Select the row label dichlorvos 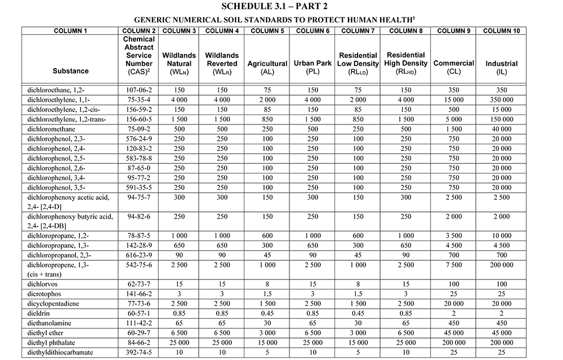[42, 284]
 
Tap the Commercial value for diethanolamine [453, 323]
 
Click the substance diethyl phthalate [51, 342]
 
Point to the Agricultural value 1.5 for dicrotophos [267, 294]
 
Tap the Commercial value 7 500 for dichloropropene [453, 264]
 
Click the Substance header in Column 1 [70, 71]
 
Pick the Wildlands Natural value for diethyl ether [179, 332]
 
